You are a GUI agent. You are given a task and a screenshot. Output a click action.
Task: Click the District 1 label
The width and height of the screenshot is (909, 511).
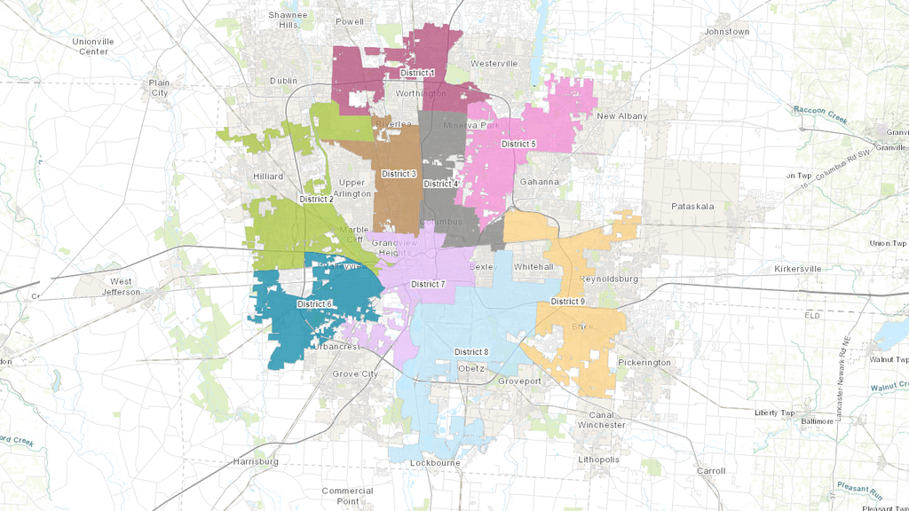tap(417, 73)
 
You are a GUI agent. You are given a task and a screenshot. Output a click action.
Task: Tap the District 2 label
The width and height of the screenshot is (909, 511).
tap(317, 200)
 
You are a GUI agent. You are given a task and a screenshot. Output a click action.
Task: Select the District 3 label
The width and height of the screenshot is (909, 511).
tap(399, 174)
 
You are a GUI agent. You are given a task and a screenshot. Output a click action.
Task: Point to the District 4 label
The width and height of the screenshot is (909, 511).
tap(441, 185)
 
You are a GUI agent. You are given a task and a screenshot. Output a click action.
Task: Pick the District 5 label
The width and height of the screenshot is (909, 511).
tap(518, 144)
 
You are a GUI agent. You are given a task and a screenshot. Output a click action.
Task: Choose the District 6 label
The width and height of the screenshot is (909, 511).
tap(314, 304)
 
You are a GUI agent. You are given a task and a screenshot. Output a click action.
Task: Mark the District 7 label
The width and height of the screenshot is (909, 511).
tap(428, 284)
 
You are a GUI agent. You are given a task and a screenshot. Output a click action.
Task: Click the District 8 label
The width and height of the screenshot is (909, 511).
tap(471, 352)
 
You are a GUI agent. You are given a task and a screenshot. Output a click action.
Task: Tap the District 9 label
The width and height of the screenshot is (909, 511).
tap(567, 302)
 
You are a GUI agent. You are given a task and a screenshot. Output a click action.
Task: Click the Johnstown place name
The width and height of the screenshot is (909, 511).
tap(726, 32)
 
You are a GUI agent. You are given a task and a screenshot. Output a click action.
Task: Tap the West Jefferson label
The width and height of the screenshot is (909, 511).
tap(121, 287)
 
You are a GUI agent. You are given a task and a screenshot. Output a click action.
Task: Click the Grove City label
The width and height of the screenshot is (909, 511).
tap(355, 374)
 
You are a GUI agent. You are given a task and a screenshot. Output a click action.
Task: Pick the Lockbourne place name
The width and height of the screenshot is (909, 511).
tap(433, 463)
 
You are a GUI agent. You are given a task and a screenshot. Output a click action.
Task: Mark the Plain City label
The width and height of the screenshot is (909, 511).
tap(159, 88)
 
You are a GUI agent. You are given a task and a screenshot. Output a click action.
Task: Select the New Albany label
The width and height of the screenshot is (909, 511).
tap(621, 116)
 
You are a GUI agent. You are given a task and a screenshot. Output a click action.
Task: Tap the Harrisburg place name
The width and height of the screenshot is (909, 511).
tap(255, 462)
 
